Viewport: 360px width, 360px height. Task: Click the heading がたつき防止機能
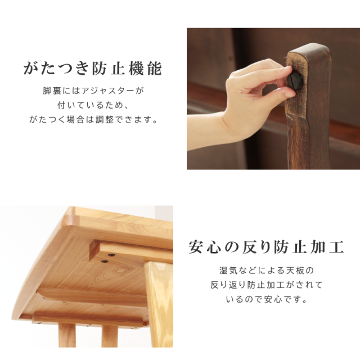click(x=92, y=68)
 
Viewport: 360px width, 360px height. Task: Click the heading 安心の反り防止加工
click(x=266, y=247)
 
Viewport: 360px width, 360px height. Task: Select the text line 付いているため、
click(x=92, y=105)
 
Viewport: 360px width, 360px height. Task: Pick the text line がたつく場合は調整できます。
click(x=93, y=120)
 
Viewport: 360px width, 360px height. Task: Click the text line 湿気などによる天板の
click(x=266, y=271)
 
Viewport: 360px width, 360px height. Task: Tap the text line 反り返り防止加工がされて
click(x=267, y=285)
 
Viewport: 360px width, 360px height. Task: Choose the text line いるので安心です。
click(x=266, y=299)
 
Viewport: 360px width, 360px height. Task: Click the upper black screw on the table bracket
click(x=111, y=255)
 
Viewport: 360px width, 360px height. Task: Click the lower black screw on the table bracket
click(x=105, y=261)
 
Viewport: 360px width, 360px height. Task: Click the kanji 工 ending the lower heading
click(x=336, y=247)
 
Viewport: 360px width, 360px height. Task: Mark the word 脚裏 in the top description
click(x=52, y=91)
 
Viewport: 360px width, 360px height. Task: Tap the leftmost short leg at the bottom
click(x=67, y=335)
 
